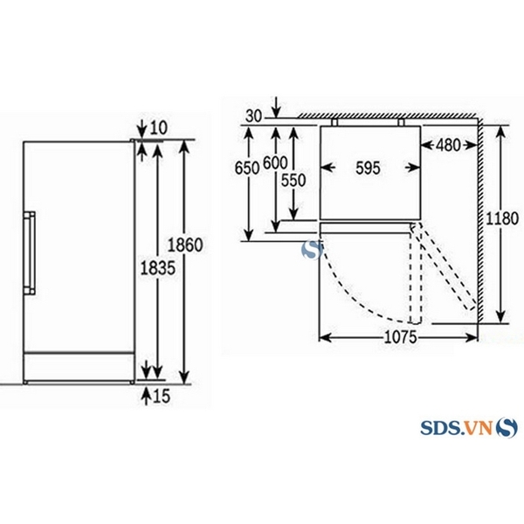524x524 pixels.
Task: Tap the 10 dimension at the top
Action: (156, 128)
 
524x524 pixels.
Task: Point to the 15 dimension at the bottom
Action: (162, 397)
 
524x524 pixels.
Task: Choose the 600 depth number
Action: (274, 162)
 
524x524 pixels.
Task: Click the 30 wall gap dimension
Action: (254, 116)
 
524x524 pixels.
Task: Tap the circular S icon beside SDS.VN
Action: (507, 428)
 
